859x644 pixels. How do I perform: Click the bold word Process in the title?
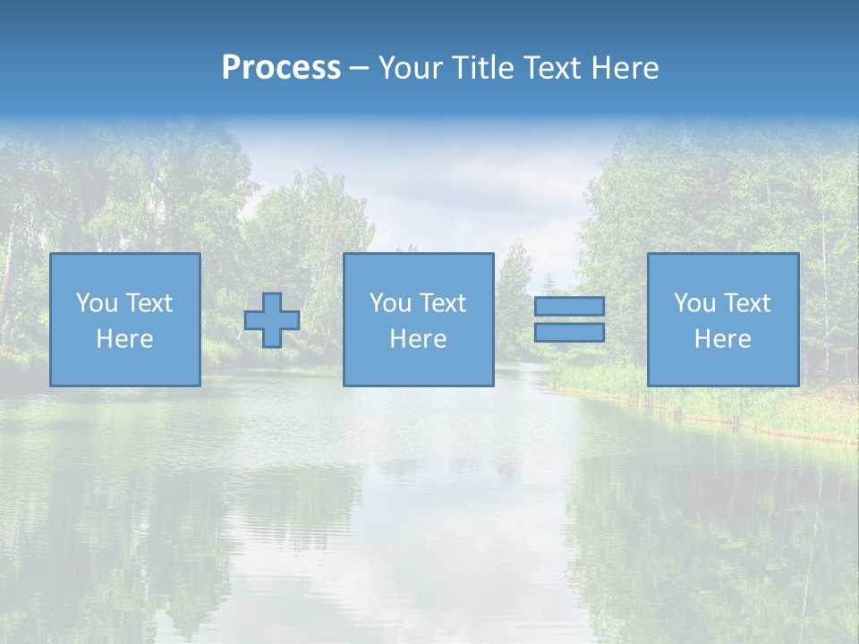281,68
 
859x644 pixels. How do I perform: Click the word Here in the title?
626,68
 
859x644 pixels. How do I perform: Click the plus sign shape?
272,320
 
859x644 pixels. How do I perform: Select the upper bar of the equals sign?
569,307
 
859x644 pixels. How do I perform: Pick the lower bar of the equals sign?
569,333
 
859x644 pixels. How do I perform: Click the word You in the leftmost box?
96,303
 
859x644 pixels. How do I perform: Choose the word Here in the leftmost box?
124,339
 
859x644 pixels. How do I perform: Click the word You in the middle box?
390,303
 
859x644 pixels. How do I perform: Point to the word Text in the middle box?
442,303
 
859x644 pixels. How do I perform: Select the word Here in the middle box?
418,339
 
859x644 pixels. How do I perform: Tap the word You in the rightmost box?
694,303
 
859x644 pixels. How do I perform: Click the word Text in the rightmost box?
746,303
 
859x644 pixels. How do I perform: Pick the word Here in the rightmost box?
722,339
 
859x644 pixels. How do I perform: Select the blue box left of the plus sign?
124,367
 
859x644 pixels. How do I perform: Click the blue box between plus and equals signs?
418,367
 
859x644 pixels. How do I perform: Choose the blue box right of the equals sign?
722,367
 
